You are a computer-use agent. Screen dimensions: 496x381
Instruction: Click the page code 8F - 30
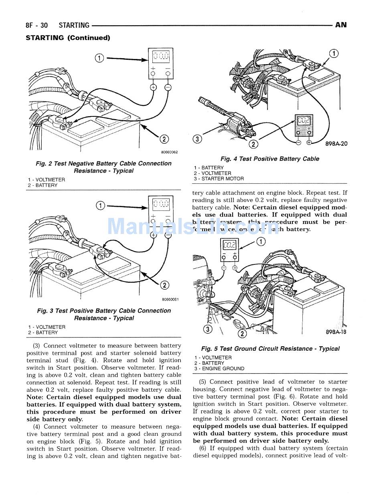[36, 25]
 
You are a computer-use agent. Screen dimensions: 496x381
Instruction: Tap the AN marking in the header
[340, 25]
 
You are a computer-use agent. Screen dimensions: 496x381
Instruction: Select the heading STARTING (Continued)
[68, 38]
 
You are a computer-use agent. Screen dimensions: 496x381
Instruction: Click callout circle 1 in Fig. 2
[99, 58]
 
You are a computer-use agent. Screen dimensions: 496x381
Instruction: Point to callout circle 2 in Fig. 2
[164, 139]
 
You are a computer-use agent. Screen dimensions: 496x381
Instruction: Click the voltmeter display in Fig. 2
[160, 56]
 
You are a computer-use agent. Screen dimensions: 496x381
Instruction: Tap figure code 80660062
[169, 152]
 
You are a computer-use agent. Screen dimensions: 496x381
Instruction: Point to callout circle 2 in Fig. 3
[164, 285]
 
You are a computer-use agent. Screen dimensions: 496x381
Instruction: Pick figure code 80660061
[170, 299]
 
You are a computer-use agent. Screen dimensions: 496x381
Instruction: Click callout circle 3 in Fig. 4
[197, 139]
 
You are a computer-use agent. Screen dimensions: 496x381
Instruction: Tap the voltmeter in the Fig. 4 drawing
[304, 125]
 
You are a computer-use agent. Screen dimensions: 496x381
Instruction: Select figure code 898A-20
[336, 143]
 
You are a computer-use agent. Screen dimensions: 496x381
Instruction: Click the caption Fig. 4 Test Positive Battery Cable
[270, 159]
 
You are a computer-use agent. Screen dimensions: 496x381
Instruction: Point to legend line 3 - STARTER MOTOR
[219, 179]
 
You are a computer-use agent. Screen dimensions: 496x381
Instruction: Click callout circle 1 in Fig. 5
[261, 242]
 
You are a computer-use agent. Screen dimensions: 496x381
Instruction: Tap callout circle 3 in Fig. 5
[207, 330]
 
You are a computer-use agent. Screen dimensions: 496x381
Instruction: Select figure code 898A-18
[336, 332]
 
